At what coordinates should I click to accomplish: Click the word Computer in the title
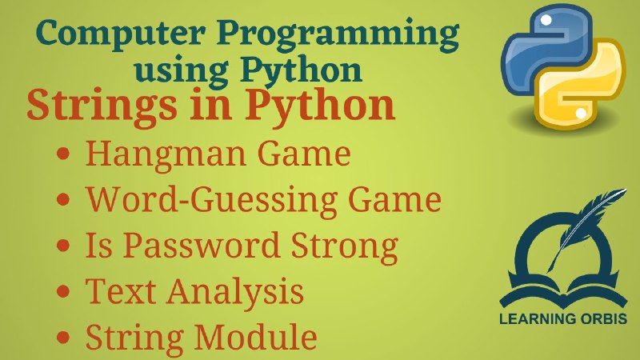click(121, 33)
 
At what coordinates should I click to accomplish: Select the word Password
click(201, 246)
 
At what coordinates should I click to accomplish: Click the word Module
click(255, 336)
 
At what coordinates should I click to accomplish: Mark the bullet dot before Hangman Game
click(63, 154)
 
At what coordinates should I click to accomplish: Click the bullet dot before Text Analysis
click(63, 291)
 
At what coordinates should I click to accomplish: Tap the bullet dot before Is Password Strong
click(63, 246)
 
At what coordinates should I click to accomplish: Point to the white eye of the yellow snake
click(581, 113)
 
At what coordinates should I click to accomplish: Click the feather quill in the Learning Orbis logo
click(588, 227)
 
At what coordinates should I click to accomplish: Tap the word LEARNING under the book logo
click(530, 318)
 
